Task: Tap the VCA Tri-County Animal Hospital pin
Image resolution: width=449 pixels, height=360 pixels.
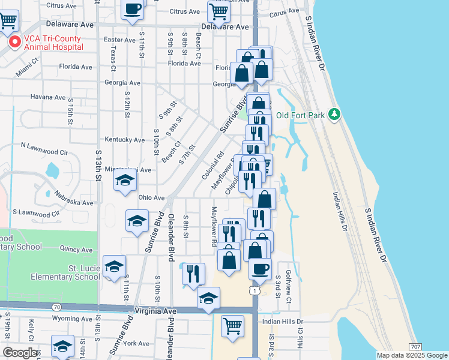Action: coord(14,43)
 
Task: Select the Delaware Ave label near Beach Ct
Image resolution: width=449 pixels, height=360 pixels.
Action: coord(225,27)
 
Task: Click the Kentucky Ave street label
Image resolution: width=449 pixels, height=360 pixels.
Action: coord(125,140)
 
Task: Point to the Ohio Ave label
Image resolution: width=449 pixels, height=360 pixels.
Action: coord(151,197)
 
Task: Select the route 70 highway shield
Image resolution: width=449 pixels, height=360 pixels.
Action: coord(56,307)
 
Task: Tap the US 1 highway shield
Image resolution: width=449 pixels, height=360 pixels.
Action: coord(256,291)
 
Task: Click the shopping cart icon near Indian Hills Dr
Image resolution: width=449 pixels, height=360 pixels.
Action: coord(232,326)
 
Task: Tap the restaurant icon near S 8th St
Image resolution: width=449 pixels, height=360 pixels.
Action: coord(193,274)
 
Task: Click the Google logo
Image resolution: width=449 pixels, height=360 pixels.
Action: coord(19,353)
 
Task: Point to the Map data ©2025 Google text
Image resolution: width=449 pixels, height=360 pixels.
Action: coord(412,355)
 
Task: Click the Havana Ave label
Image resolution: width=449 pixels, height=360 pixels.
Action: coord(47,97)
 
